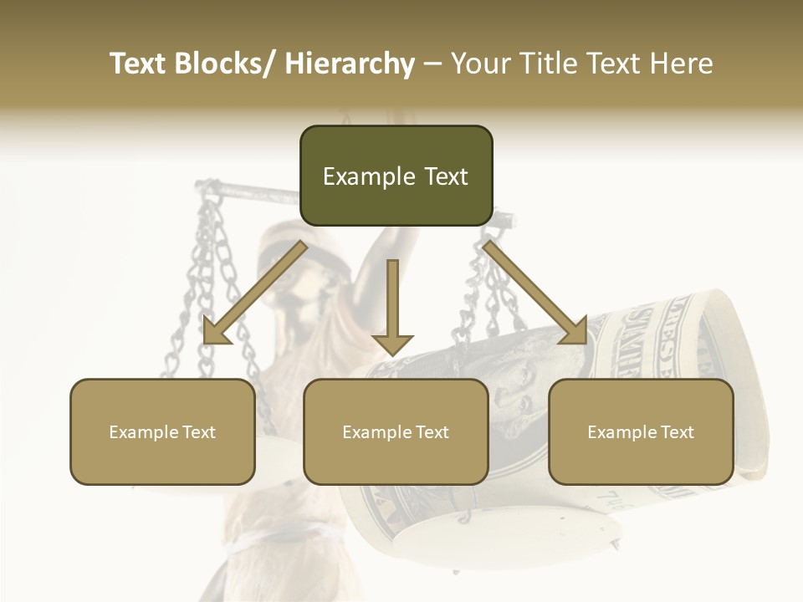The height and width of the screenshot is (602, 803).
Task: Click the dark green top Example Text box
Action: point(396,176)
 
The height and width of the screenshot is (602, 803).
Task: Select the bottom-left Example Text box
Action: point(162,431)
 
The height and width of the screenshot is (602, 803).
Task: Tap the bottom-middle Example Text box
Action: point(396,431)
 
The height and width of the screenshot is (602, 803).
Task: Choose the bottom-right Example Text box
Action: point(641,431)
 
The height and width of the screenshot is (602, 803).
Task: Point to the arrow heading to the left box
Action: point(254,293)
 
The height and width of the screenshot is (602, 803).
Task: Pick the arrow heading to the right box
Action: point(535,293)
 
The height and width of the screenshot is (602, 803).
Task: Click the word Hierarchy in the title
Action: point(350,64)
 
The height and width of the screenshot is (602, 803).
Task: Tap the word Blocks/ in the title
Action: point(223,64)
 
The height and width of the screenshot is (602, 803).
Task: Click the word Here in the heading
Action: point(680,64)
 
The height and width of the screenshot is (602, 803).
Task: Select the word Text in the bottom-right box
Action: point(676,432)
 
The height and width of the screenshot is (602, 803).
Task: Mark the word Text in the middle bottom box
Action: point(431,432)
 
